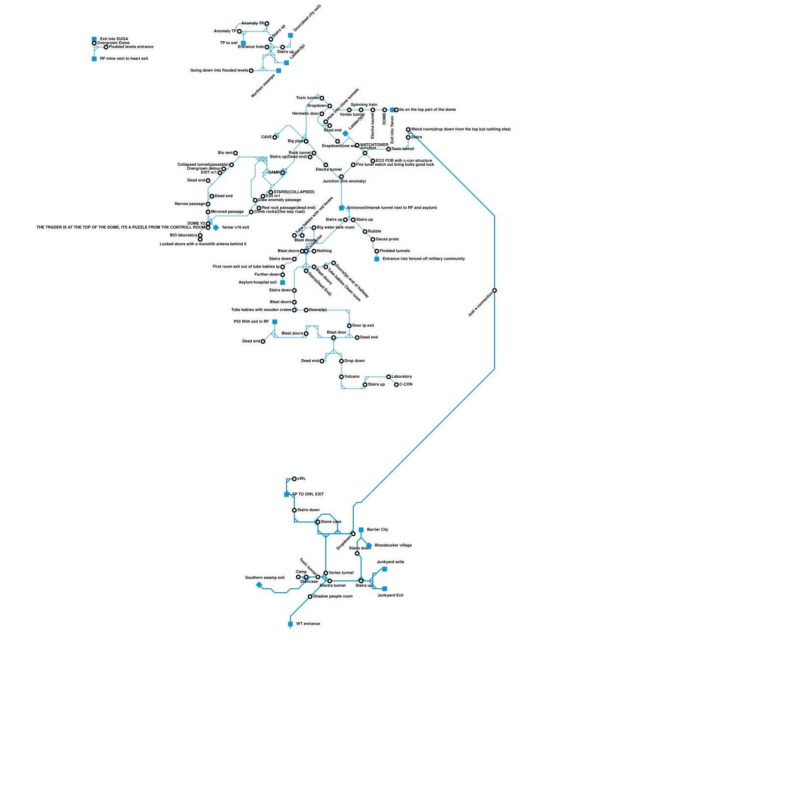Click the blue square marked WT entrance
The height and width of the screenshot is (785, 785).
click(x=290, y=624)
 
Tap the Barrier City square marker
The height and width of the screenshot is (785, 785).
click(x=361, y=530)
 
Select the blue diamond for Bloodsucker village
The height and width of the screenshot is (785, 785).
click(x=369, y=546)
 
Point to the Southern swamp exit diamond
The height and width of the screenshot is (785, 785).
click(x=259, y=585)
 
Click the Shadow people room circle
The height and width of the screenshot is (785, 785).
click(x=310, y=597)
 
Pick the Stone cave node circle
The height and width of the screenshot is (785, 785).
click(x=318, y=522)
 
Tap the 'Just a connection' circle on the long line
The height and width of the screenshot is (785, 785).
click(x=495, y=290)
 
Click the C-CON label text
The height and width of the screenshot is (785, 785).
click(x=406, y=384)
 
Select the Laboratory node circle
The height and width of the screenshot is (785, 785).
click(x=389, y=377)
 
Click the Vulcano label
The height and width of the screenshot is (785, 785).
click(x=352, y=376)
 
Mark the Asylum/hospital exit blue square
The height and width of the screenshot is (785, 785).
click(x=283, y=283)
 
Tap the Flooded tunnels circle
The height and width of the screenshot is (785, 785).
click(x=377, y=251)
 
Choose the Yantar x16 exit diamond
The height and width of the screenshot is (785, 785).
click(x=216, y=228)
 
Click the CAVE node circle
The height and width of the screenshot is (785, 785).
click(x=275, y=137)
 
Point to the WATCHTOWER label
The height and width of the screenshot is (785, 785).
click(x=374, y=145)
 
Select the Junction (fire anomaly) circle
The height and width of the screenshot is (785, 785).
click(x=341, y=177)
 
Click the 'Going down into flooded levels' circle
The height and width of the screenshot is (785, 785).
click(x=251, y=71)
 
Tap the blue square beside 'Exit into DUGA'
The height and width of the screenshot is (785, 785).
click(x=94, y=39)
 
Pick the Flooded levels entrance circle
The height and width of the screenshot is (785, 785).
click(x=106, y=47)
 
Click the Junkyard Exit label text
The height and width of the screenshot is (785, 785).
click(x=390, y=595)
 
